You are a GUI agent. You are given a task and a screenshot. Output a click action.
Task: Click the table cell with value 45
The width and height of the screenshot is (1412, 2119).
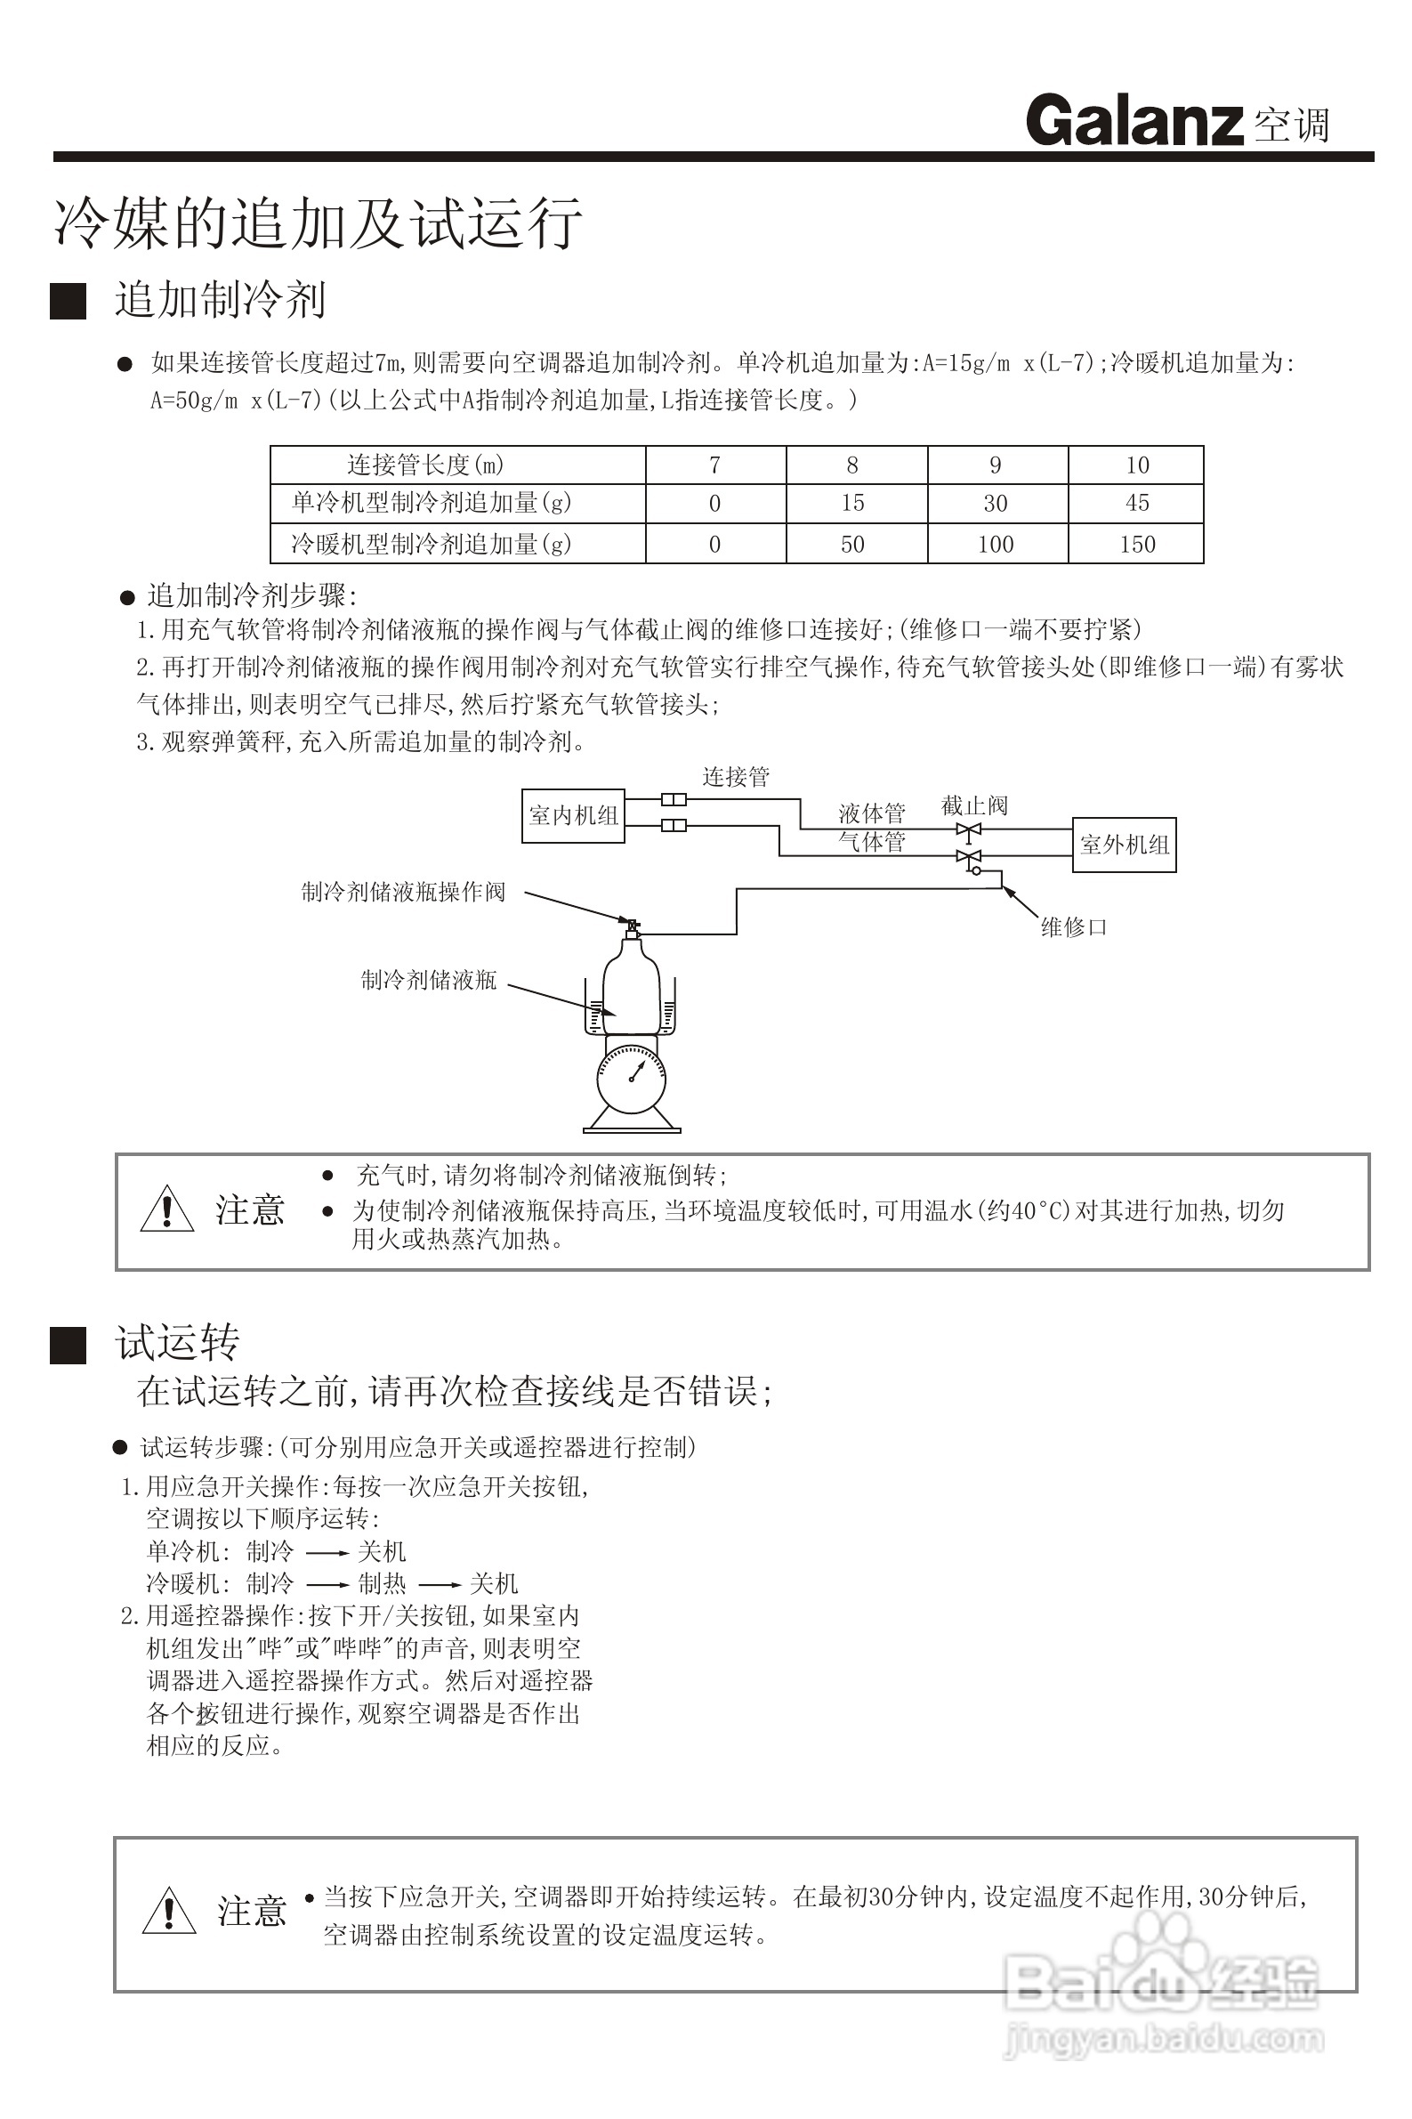click(x=1136, y=503)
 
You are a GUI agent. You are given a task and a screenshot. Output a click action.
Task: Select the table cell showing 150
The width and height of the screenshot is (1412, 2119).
click(x=1136, y=544)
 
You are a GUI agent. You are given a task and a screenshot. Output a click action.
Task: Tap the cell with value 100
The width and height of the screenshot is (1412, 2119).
click(x=996, y=544)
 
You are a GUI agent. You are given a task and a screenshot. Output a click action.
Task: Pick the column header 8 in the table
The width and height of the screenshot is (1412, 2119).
click(x=851, y=465)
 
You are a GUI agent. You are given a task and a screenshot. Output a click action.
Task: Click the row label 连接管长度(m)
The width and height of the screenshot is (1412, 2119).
click(x=426, y=465)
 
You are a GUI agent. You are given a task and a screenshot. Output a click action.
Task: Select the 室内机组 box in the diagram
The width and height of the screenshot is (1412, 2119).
click(x=574, y=816)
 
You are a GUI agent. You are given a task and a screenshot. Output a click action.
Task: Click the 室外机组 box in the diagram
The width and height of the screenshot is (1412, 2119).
click(x=1124, y=845)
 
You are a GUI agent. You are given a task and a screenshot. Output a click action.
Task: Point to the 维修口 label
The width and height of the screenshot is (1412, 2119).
click(x=1073, y=926)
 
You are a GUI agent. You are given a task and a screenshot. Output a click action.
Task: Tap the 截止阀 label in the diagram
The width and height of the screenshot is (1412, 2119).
click(x=974, y=805)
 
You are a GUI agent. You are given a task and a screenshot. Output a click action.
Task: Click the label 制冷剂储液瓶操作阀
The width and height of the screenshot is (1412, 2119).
click(x=403, y=892)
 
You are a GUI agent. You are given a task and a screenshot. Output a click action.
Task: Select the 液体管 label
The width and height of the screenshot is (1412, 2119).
click(x=872, y=813)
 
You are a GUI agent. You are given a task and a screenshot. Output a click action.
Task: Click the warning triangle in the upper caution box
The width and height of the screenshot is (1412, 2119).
click(x=167, y=1209)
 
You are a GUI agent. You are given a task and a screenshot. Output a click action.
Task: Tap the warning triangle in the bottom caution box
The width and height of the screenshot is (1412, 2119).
click(x=169, y=1910)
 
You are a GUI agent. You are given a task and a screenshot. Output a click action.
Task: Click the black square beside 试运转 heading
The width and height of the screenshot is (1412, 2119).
click(x=69, y=1346)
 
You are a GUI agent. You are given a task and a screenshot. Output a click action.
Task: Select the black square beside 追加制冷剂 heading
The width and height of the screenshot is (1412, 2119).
click(x=69, y=301)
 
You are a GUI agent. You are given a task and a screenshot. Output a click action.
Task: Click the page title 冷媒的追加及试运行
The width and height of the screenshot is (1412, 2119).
click(x=318, y=222)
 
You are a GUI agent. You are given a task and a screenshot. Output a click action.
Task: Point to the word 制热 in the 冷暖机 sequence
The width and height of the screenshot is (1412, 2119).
click(x=382, y=1583)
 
